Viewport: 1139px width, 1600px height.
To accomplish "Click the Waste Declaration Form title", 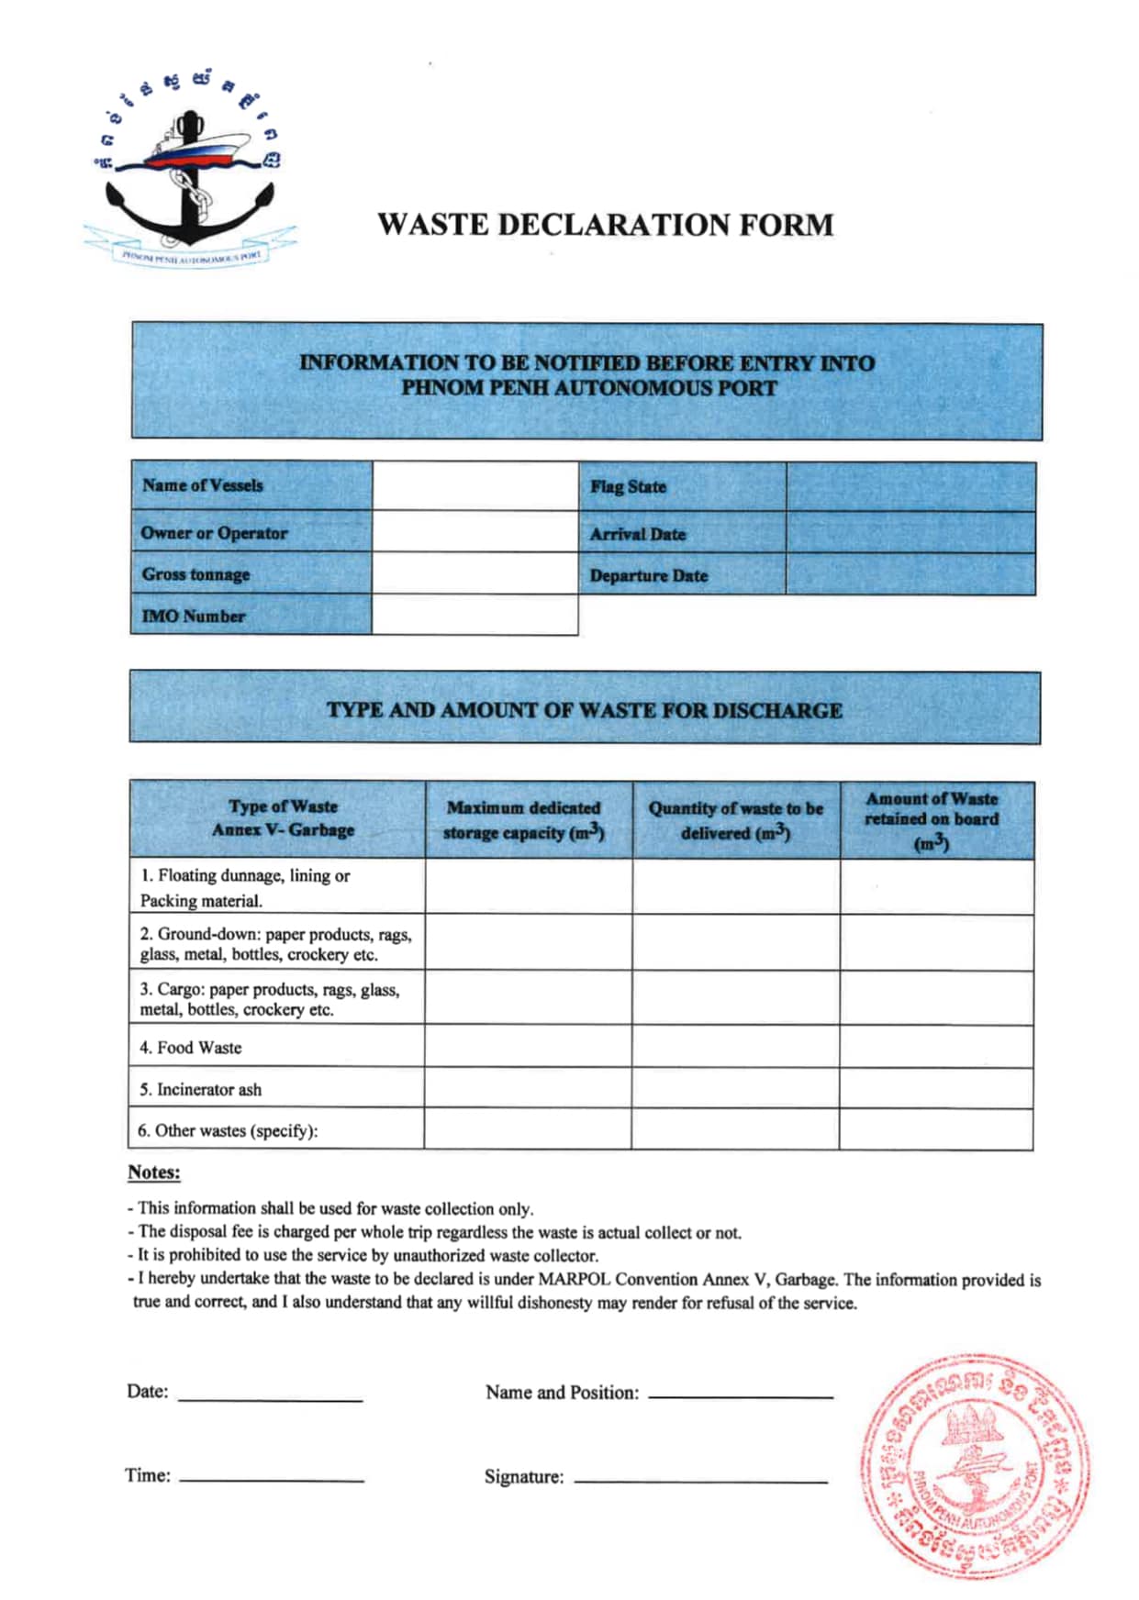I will coord(605,225).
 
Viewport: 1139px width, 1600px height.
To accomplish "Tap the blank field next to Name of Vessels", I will coord(475,485).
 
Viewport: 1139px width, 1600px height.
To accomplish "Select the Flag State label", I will coord(628,487).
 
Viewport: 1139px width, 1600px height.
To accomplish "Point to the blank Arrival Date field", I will coord(910,532).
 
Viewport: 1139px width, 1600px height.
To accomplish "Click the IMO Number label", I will coord(194,617).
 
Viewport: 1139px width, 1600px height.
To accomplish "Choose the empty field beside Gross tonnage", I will coord(475,573).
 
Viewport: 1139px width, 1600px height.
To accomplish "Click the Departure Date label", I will coord(648,576).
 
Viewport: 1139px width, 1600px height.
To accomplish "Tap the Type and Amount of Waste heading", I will coord(585,710).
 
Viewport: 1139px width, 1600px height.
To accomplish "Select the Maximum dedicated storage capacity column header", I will coord(524,820).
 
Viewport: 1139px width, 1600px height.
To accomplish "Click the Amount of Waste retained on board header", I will coord(932,820).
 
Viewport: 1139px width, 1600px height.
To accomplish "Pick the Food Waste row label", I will coord(191,1048).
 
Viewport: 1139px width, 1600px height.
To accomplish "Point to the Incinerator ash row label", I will coord(200,1090).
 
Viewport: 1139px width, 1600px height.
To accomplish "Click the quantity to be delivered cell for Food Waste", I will coord(735,1047).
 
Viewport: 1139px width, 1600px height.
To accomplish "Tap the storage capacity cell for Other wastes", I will coord(528,1129).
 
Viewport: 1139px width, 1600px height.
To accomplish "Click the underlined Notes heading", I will coord(154,1172).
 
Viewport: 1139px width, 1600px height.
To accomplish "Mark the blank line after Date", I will coord(270,1396).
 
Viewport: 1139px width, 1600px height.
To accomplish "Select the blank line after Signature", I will coord(700,1478).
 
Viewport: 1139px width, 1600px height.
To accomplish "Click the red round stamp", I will coord(975,1465).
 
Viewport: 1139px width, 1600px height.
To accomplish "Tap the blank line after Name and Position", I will coord(740,1393).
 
